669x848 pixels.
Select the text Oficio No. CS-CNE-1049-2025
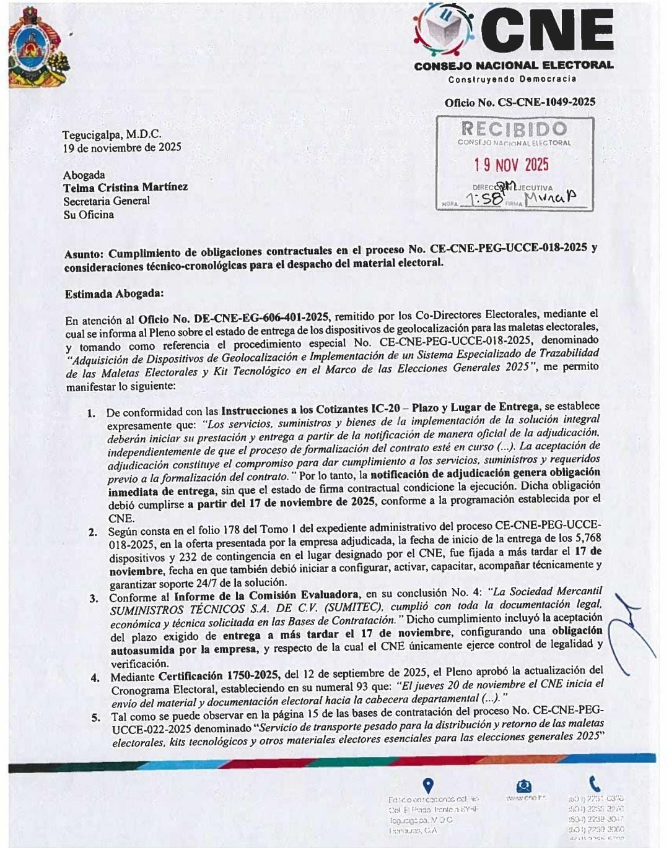click(520, 103)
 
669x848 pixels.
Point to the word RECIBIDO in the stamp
click(514, 129)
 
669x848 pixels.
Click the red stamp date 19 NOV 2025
click(512, 165)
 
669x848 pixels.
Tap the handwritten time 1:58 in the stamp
click(483, 198)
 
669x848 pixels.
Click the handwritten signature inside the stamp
click(550, 197)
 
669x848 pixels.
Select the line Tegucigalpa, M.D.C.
click(111, 134)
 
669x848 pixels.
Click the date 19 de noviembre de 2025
click(122, 147)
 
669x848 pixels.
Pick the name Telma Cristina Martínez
click(125, 187)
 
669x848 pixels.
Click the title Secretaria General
click(107, 201)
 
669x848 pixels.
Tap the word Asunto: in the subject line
click(85, 253)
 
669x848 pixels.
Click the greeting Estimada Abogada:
click(114, 294)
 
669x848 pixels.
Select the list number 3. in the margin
click(94, 598)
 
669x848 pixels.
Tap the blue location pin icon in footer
click(427, 785)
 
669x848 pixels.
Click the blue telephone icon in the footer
click(595, 784)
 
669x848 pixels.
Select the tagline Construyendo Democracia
click(512, 79)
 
